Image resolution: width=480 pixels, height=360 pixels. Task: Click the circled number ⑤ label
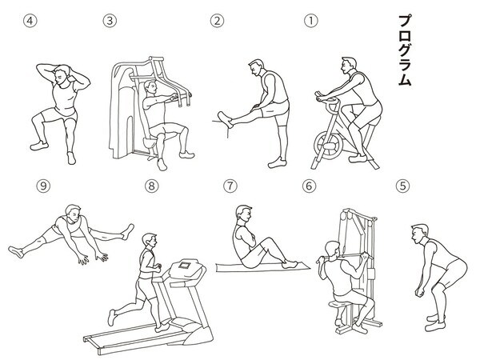pos(403,186)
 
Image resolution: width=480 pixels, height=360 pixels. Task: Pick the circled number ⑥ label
pos(310,186)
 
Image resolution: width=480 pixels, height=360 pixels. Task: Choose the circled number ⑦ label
pos(230,186)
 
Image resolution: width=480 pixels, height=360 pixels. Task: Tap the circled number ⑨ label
pos(43,186)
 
